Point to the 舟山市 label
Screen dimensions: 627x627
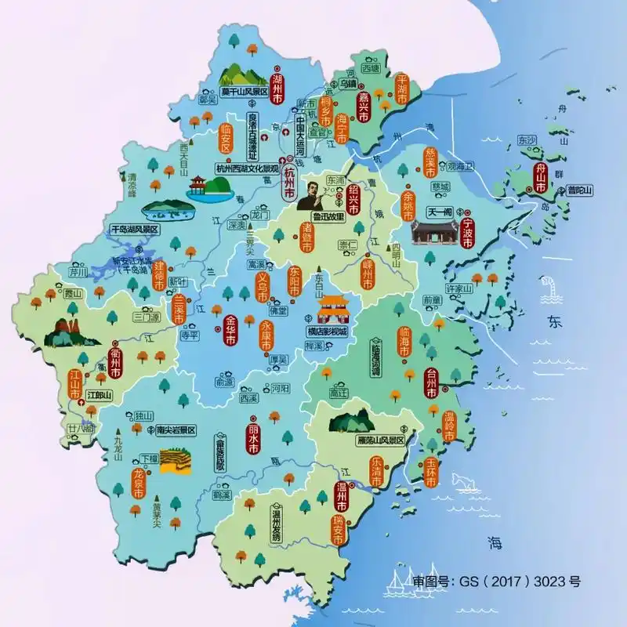tap(540, 178)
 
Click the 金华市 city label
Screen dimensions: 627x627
tap(230, 332)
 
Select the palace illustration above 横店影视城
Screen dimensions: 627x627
tap(333, 309)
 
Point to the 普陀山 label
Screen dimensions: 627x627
tap(580, 190)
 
